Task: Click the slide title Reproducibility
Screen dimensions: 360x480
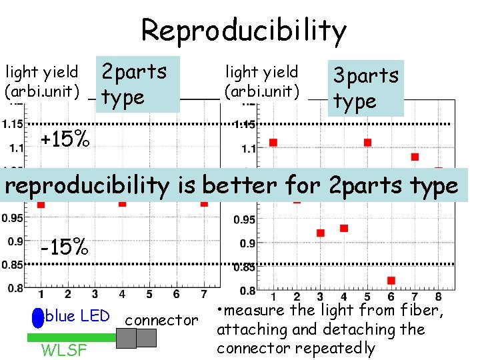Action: pos(243,30)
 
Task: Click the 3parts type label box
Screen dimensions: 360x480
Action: pos(365,88)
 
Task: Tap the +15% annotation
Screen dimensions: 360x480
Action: pos(65,140)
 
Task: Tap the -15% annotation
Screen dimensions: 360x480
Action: pos(65,247)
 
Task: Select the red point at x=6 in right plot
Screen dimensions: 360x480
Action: pos(391,281)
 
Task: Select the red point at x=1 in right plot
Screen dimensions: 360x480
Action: pos(273,142)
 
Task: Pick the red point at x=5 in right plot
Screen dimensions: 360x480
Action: pos(367,142)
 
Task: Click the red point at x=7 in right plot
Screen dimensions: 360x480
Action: pos(415,157)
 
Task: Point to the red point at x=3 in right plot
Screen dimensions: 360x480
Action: pos(320,233)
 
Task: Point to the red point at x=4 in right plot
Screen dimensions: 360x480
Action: pos(344,228)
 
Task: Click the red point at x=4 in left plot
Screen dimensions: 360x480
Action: pos(122,203)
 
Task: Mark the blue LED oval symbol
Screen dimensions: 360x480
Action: pos(38,317)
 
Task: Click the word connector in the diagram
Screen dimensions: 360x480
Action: pos(161,320)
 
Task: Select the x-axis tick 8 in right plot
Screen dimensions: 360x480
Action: pos(439,297)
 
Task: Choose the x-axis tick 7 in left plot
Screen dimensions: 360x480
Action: pos(204,295)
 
